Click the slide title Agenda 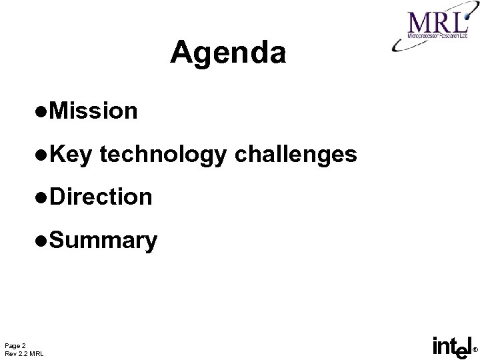(228, 53)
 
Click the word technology (164, 155)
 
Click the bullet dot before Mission (43, 111)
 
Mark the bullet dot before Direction (43, 197)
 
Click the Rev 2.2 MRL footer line (23, 353)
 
